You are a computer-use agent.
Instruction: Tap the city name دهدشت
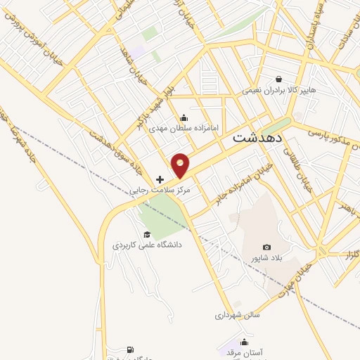pos(257,137)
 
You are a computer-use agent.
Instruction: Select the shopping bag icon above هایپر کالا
pos(280,79)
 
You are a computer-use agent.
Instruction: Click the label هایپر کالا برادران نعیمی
pos(281,90)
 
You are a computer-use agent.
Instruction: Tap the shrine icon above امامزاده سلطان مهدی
pos(184,117)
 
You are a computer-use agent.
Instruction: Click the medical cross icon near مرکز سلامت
pos(160,180)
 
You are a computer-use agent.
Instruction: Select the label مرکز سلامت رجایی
pos(160,191)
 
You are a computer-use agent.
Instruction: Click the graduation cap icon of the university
pos(147,235)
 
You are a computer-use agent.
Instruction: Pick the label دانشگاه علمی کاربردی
pos(148,245)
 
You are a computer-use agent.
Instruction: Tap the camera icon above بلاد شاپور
pos(266,247)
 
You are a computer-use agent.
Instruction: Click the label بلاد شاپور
pos(266,258)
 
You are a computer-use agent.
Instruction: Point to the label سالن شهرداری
pos(238,315)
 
